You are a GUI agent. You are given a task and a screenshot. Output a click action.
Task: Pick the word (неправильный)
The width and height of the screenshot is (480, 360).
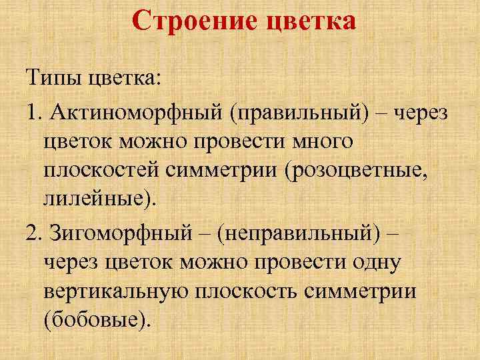click(x=303, y=234)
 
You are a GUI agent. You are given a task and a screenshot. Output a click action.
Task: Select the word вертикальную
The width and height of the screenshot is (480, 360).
click(x=118, y=291)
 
